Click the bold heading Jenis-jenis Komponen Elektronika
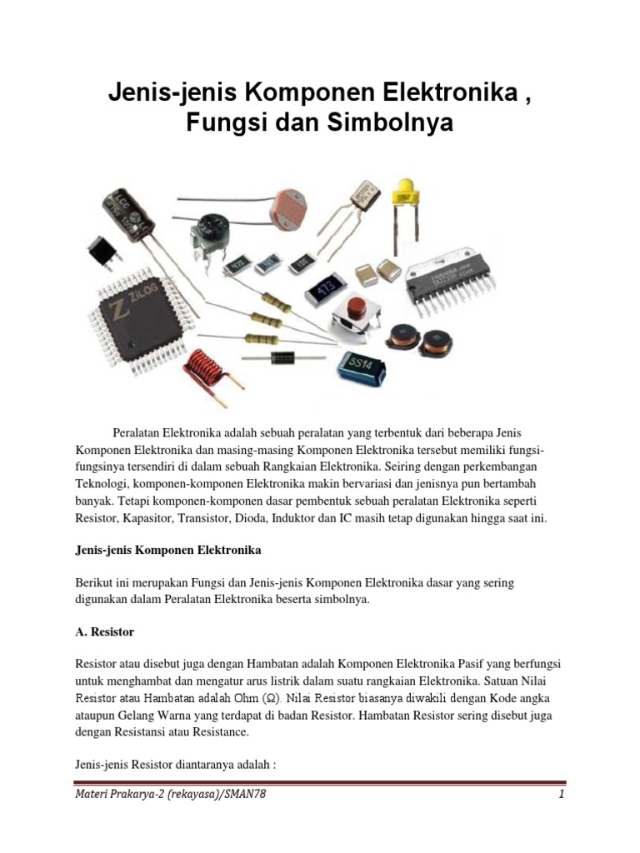coord(167,551)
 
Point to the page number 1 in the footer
coord(562,795)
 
